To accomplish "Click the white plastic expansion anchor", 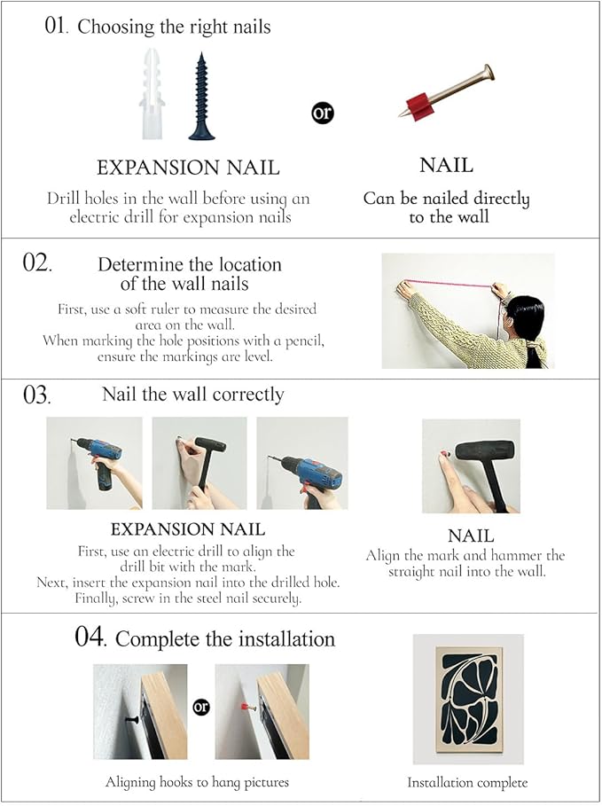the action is (152, 94).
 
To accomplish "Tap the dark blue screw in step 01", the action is (201, 96).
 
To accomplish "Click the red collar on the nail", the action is (420, 106).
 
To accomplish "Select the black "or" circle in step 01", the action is (323, 113).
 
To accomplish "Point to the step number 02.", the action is (37, 262).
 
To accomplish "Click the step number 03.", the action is (36, 395).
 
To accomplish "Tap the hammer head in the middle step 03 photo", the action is (210, 444).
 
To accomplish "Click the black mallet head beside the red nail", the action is (484, 450).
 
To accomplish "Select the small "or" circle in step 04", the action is (201, 707).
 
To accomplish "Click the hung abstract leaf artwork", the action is (468, 699).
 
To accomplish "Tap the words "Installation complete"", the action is (467, 782).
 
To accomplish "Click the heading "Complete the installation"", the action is (225, 639).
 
